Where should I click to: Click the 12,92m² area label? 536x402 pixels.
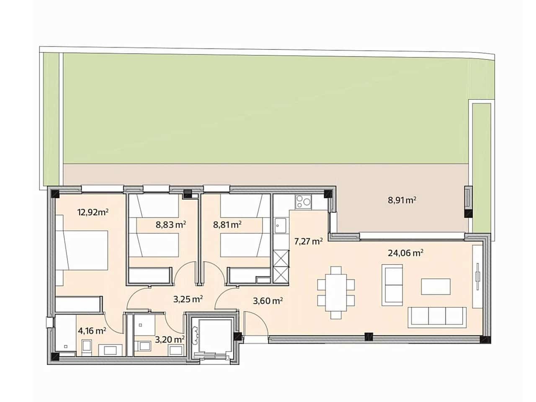[93, 212]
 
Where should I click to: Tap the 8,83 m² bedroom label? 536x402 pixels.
[171, 224]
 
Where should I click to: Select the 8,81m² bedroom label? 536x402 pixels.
[227, 224]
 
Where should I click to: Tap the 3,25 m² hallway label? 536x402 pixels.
[188, 299]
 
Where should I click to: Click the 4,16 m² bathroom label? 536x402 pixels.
[92, 331]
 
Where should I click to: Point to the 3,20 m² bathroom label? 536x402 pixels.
[170, 339]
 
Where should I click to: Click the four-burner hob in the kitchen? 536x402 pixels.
[303, 202]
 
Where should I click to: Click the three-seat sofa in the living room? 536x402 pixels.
[437, 317]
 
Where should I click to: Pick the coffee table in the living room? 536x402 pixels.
[436, 287]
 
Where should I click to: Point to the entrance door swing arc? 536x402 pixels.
[254, 322]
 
